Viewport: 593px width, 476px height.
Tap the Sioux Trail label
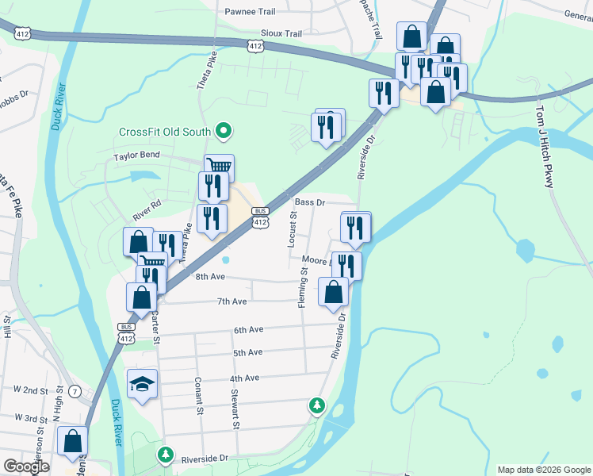pyautogui.click(x=281, y=34)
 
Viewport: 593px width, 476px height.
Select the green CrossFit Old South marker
pyautogui.click(x=224, y=132)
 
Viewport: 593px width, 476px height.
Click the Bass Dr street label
pyautogui.click(x=310, y=202)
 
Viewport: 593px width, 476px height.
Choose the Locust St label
pyautogui.click(x=293, y=230)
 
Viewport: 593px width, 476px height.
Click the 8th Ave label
pyautogui.click(x=211, y=277)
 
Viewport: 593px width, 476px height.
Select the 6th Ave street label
pyautogui.click(x=248, y=329)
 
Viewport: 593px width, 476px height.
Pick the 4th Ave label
pyautogui.click(x=245, y=378)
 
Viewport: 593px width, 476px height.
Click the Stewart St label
pyautogui.click(x=235, y=408)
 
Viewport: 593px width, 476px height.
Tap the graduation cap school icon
pyautogui.click(x=143, y=384)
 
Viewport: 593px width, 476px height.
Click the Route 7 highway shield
pyautogui.click(x=75, y=391)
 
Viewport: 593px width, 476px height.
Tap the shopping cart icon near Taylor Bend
pyautogui.click(x=219, y=166)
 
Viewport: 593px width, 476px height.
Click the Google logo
pyautogui.click(x=26, y=466)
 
